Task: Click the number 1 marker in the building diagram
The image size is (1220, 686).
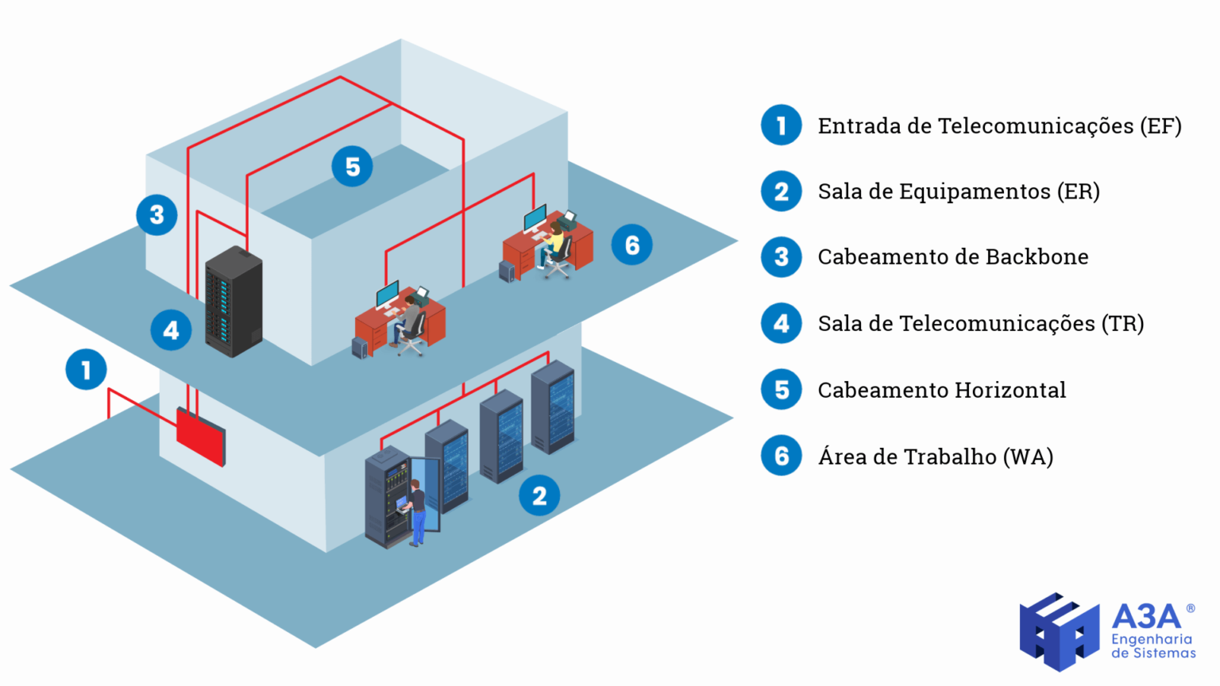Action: pos(86,369)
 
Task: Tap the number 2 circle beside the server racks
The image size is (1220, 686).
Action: pos(539,495)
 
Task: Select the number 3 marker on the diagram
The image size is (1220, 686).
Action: pos(156,214)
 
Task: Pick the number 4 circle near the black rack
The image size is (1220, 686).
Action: pos(171,330)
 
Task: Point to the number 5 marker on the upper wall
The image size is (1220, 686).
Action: pos(352,167)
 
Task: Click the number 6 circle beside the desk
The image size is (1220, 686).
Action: pos(631,245)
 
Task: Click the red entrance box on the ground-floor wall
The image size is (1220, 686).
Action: pos(200,436)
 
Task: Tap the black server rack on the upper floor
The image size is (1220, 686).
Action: pos(234,302)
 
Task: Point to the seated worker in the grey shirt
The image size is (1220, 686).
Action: pos(408,319)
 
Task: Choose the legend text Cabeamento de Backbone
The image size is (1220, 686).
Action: pos(952,257)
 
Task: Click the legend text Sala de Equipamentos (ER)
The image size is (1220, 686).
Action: pos(958,191)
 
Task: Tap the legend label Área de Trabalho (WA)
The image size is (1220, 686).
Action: pos(935,457)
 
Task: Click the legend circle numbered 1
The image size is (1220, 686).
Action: pos(782,125)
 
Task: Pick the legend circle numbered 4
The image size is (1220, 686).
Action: pos(782,323)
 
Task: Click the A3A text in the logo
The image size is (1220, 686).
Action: pos(1146,616)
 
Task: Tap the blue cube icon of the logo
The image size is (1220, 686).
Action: pos(1060,631)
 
